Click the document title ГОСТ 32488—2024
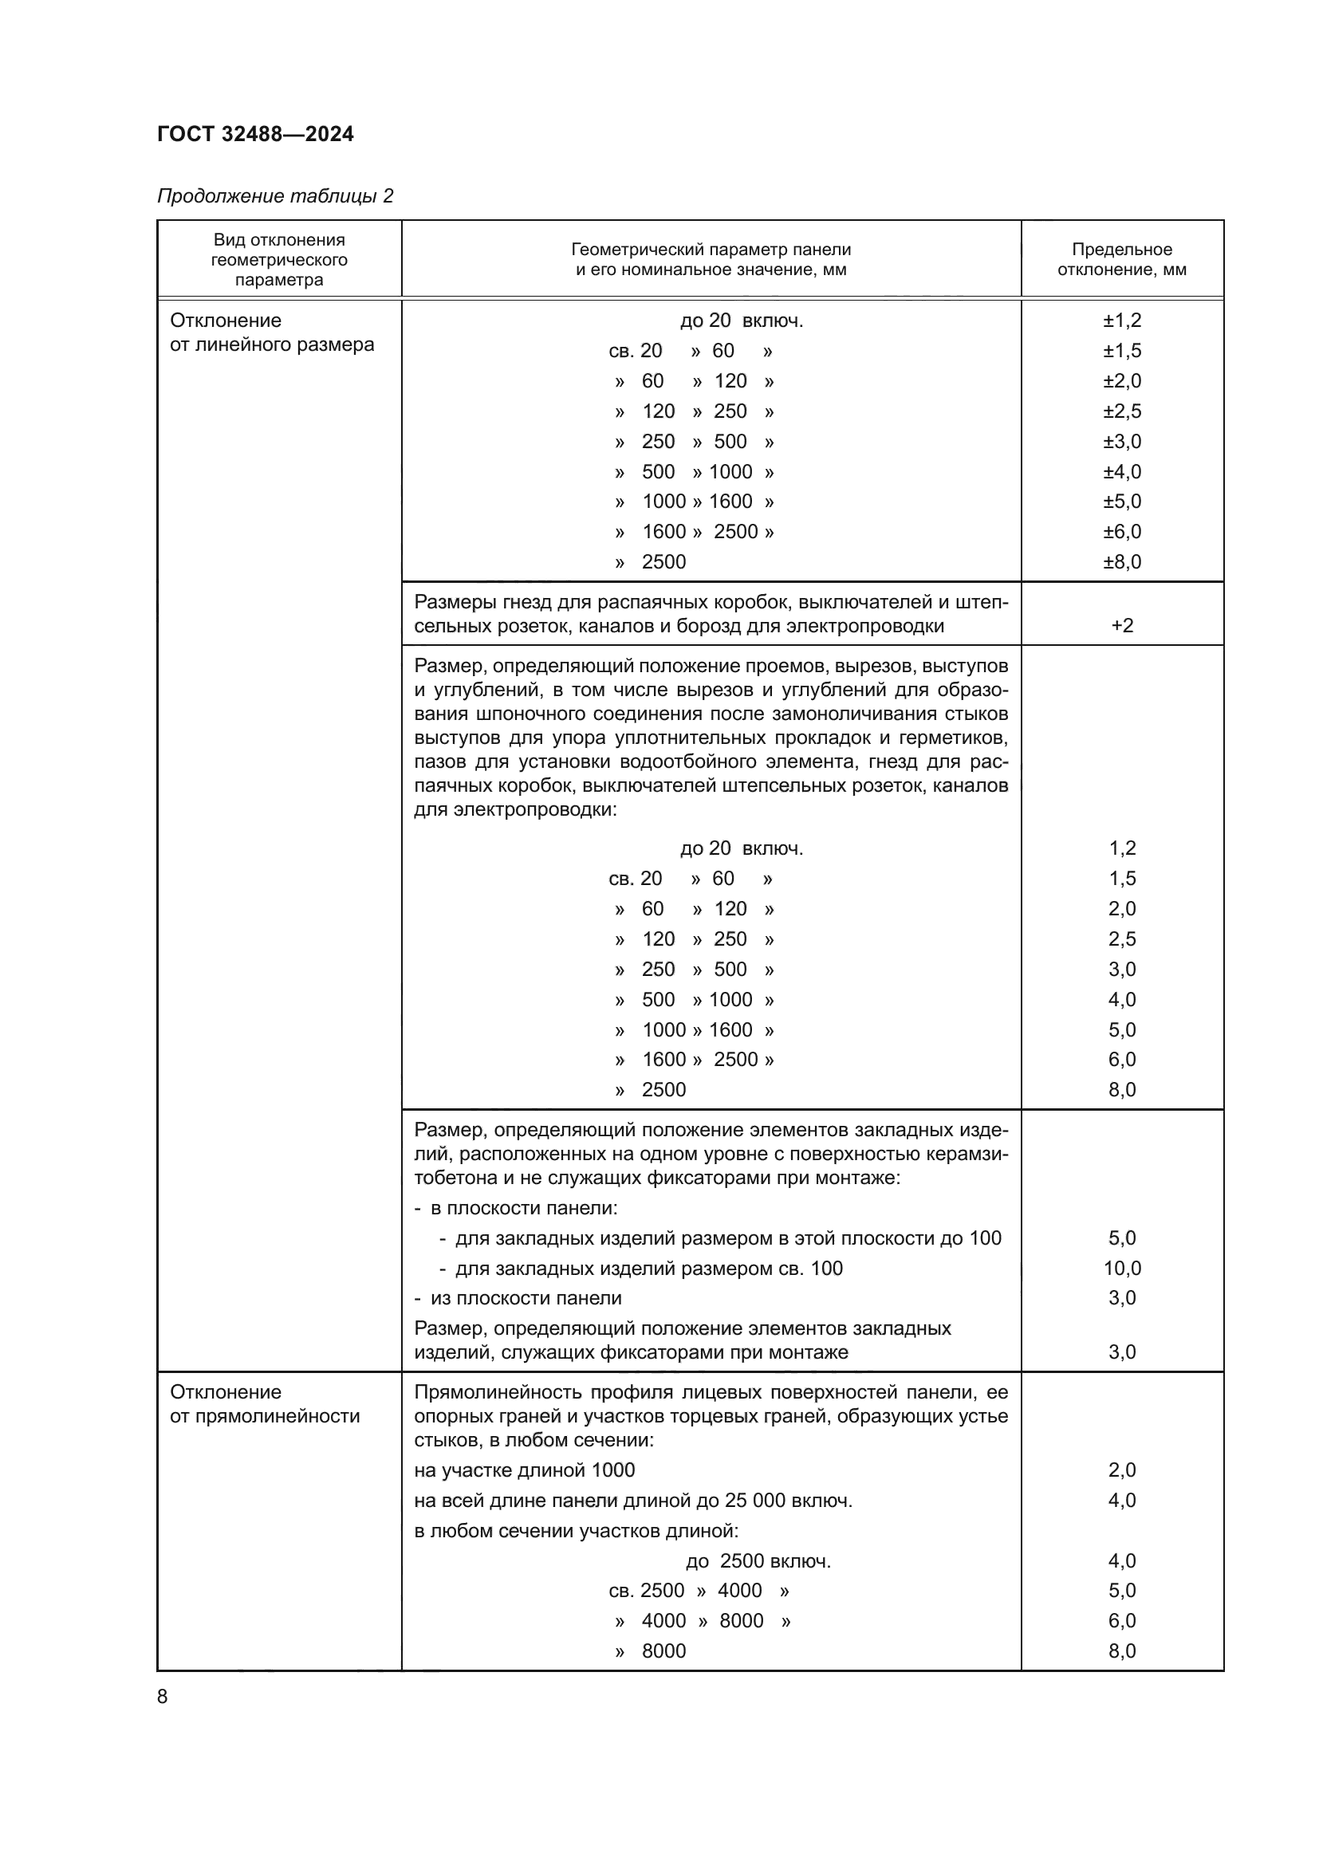coord(255,134)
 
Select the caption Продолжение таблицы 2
coord(274,196)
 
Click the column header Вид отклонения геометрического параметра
coord(278,260)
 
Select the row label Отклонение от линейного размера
coord(271,332)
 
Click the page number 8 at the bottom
coord(163,1697)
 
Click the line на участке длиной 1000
coord(524,1470)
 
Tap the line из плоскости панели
coord(525,1298)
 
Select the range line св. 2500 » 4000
coord(699,1591)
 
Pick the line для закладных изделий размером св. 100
coord(648,1268)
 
